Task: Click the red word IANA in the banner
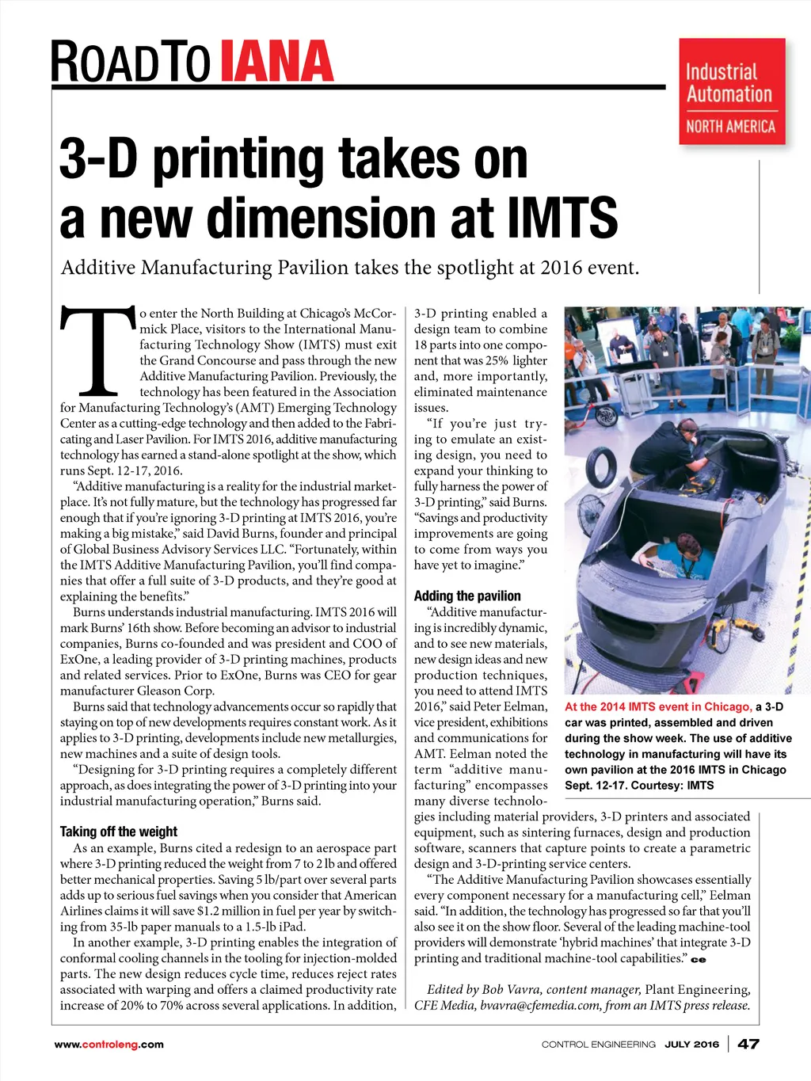point(276,61)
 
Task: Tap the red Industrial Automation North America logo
point(731,92)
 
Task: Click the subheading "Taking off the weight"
point(119,832)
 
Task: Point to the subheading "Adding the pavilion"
point(467,596)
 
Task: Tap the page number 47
point(748,1044)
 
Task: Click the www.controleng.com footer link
point(109,1045)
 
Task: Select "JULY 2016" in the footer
point(691,1045)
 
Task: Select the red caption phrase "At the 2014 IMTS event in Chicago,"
point(658,706)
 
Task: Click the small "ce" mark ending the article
point(698,960)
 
